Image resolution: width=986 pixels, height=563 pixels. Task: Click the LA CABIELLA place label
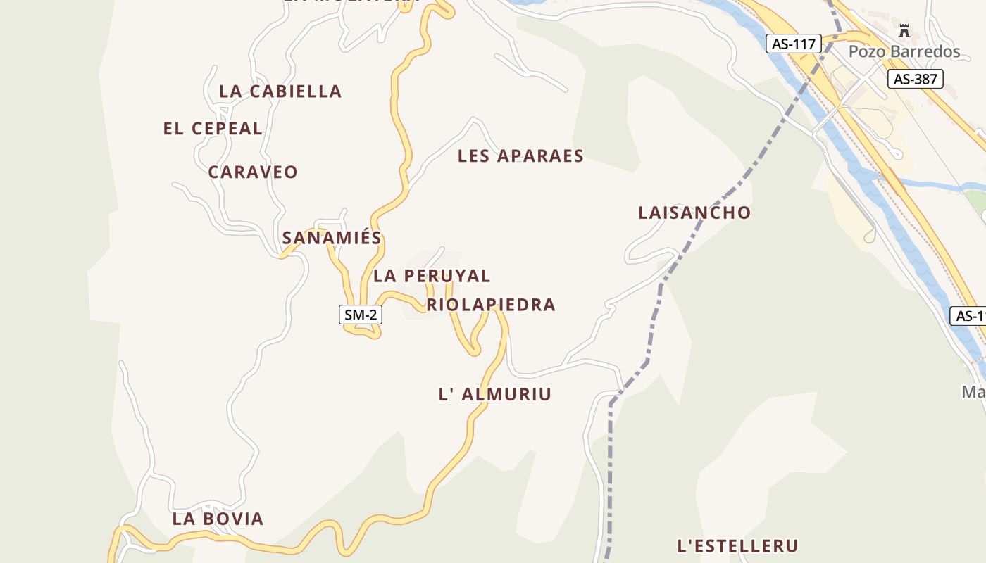pos(280,91)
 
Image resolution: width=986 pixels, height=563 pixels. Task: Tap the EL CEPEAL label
pos(213,129)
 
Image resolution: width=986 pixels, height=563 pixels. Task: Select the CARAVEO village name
pos(253,172)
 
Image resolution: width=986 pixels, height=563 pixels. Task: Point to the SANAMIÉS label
pos(332,238)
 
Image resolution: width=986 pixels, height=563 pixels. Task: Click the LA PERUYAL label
pos(432,276)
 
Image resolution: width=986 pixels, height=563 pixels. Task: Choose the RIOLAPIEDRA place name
pos(491,305)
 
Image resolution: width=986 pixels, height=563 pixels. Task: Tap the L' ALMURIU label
pos(495,394)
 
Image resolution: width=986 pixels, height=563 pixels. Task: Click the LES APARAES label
pos(520,156)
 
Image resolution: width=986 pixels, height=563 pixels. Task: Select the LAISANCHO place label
pos(694,213)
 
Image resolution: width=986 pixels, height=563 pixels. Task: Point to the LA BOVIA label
pos(218,519)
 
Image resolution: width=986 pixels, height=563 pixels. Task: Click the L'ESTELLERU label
pos(737,546)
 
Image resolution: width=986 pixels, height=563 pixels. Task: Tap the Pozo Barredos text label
pos(904,51)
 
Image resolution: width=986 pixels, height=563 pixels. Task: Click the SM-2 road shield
pos(361,315)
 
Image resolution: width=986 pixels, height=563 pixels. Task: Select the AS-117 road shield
pos(794,44)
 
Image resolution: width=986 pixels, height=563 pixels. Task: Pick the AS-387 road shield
pos(915,79)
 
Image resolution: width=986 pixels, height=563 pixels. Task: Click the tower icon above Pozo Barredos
pos(904,31)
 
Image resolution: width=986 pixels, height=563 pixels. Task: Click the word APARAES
pos(541,156)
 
